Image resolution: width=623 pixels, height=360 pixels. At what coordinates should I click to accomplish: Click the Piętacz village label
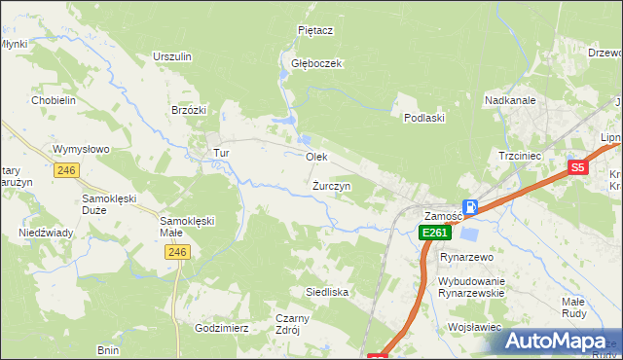315,30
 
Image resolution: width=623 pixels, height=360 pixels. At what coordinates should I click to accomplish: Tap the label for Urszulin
171,56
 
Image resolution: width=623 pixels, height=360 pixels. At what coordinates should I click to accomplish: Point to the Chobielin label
54,100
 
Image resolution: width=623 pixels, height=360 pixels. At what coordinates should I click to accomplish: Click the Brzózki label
189,110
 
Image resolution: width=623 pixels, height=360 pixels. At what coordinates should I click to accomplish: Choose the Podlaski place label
423,118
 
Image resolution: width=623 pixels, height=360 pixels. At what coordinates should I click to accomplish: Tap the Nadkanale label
509,99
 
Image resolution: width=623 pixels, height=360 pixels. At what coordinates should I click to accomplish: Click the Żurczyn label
332,185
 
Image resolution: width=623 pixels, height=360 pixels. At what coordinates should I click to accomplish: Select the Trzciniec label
519,156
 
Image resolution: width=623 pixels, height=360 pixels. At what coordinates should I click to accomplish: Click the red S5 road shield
578,167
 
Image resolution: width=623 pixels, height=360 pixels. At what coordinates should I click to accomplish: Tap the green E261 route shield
434,233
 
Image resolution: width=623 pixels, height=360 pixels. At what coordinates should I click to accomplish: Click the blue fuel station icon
470,206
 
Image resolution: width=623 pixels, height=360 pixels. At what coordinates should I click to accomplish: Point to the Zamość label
443,215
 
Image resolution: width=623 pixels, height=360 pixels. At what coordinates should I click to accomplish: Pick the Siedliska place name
327,292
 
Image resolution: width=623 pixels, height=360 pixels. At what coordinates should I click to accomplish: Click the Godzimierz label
222,328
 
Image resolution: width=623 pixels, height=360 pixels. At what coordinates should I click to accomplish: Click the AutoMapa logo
558,341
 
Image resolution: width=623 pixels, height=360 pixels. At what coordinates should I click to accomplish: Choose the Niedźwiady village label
47,234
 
